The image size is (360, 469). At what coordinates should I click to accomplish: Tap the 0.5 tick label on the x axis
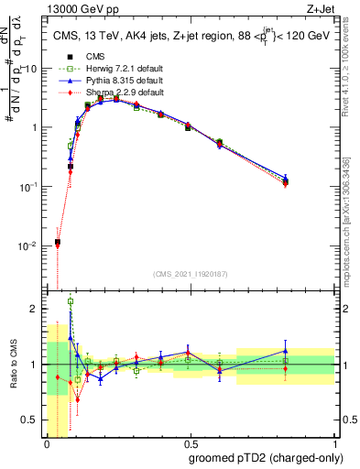191,444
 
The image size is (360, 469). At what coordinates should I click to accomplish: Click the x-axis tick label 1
335,444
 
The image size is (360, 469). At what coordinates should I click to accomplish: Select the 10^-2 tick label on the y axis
30,246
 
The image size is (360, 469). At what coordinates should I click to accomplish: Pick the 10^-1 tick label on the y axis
30,187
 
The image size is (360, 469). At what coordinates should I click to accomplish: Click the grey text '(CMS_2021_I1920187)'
191,274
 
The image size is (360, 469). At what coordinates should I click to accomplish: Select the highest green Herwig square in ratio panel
71,300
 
